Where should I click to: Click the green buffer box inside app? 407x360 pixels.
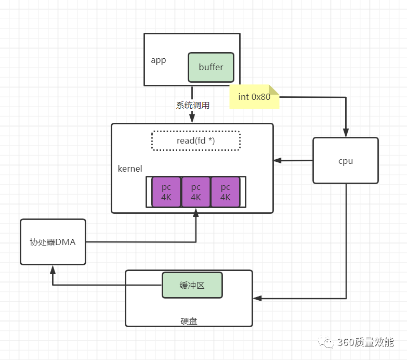click(x=211, y=67)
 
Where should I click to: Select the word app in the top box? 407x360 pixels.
click(x=158, y=60)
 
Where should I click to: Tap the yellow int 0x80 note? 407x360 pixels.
click(x=254, y=97)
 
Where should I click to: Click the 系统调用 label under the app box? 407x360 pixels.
click(x=192, y=105)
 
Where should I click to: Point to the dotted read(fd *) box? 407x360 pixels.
click(x=195, y=140)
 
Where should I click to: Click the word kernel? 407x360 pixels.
click(x=130, y=169)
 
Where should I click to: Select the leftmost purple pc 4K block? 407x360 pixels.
click(x=166, y=192)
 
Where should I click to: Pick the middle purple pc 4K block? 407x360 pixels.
click(x=195, y=192)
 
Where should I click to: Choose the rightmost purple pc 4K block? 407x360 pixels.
click(x=225, y=192)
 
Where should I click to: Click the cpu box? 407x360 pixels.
click(x=345, y=161)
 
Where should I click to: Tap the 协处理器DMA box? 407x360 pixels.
click(x=52, y=241)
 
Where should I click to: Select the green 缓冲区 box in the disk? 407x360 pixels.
click(x=192, y=285)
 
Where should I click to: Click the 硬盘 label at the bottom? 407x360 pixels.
click(x=189, y=321)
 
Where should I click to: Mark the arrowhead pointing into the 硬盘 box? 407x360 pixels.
click(x=257, y=299)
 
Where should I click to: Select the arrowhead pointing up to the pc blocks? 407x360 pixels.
click(x=195, y=212)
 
